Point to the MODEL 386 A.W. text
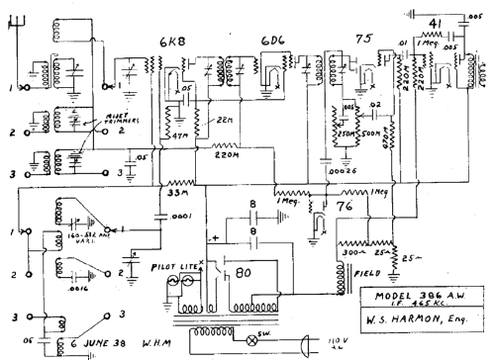427,295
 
